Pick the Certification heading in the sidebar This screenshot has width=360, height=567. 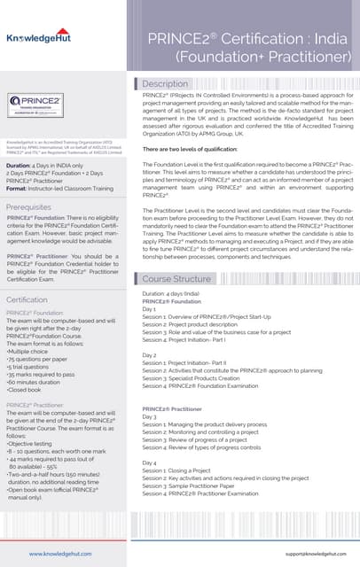point(27,300)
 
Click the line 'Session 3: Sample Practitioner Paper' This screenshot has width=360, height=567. point(200,486)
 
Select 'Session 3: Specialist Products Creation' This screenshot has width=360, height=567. point(200,377)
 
